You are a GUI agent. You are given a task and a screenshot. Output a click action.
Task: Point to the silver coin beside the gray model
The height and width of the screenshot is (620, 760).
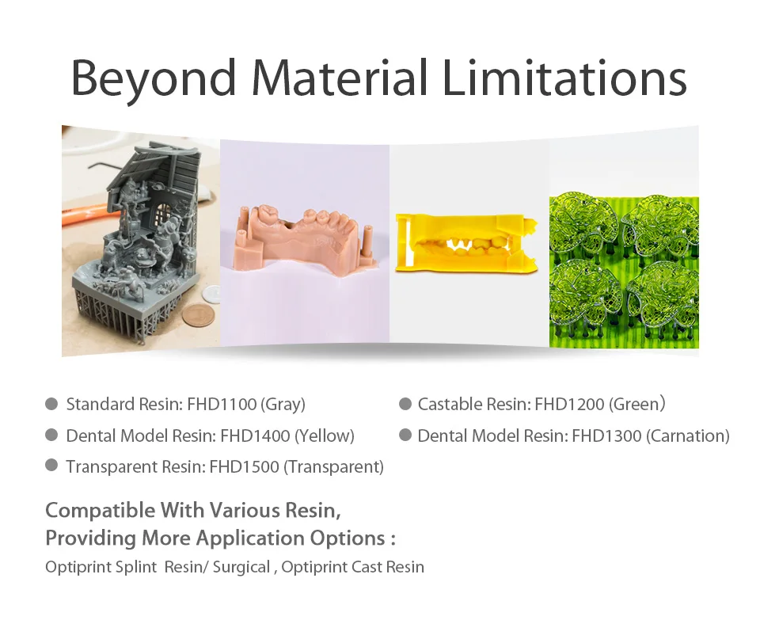pyautogui.click(x=211, y=294)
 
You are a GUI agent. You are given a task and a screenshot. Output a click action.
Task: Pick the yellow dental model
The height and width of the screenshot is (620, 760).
pyautogui.click(x=467, y=242)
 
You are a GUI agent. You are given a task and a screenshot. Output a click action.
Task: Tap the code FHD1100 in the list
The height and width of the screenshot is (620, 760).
pyautogui.click(x=222, y=404)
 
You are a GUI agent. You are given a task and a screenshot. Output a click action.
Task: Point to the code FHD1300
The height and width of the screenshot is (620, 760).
pyautogui.click(x=607, y=436)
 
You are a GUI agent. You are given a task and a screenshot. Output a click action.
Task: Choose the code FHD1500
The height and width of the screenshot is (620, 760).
pyautogui.click(x=245, y=467)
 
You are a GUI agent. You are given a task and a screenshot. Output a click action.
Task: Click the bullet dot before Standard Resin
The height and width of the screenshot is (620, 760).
pyautogui.click(x=51, y=404)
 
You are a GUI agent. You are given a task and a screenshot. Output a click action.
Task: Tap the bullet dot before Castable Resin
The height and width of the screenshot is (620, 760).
pyautogui.click(x=405, y=404)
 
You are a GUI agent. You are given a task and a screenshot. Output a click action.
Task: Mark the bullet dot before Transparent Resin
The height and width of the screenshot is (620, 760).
pyautogui.click(x=51, y=466)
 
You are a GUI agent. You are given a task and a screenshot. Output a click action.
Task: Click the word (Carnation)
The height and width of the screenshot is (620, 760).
pyautogui.click(x=688, y=436)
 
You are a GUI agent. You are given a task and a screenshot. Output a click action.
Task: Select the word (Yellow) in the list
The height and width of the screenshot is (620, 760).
pyautogui.click(x=325, y=436)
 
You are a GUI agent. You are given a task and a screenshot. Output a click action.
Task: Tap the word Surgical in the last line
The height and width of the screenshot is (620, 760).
pyautogui.click(x=241, y=567)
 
